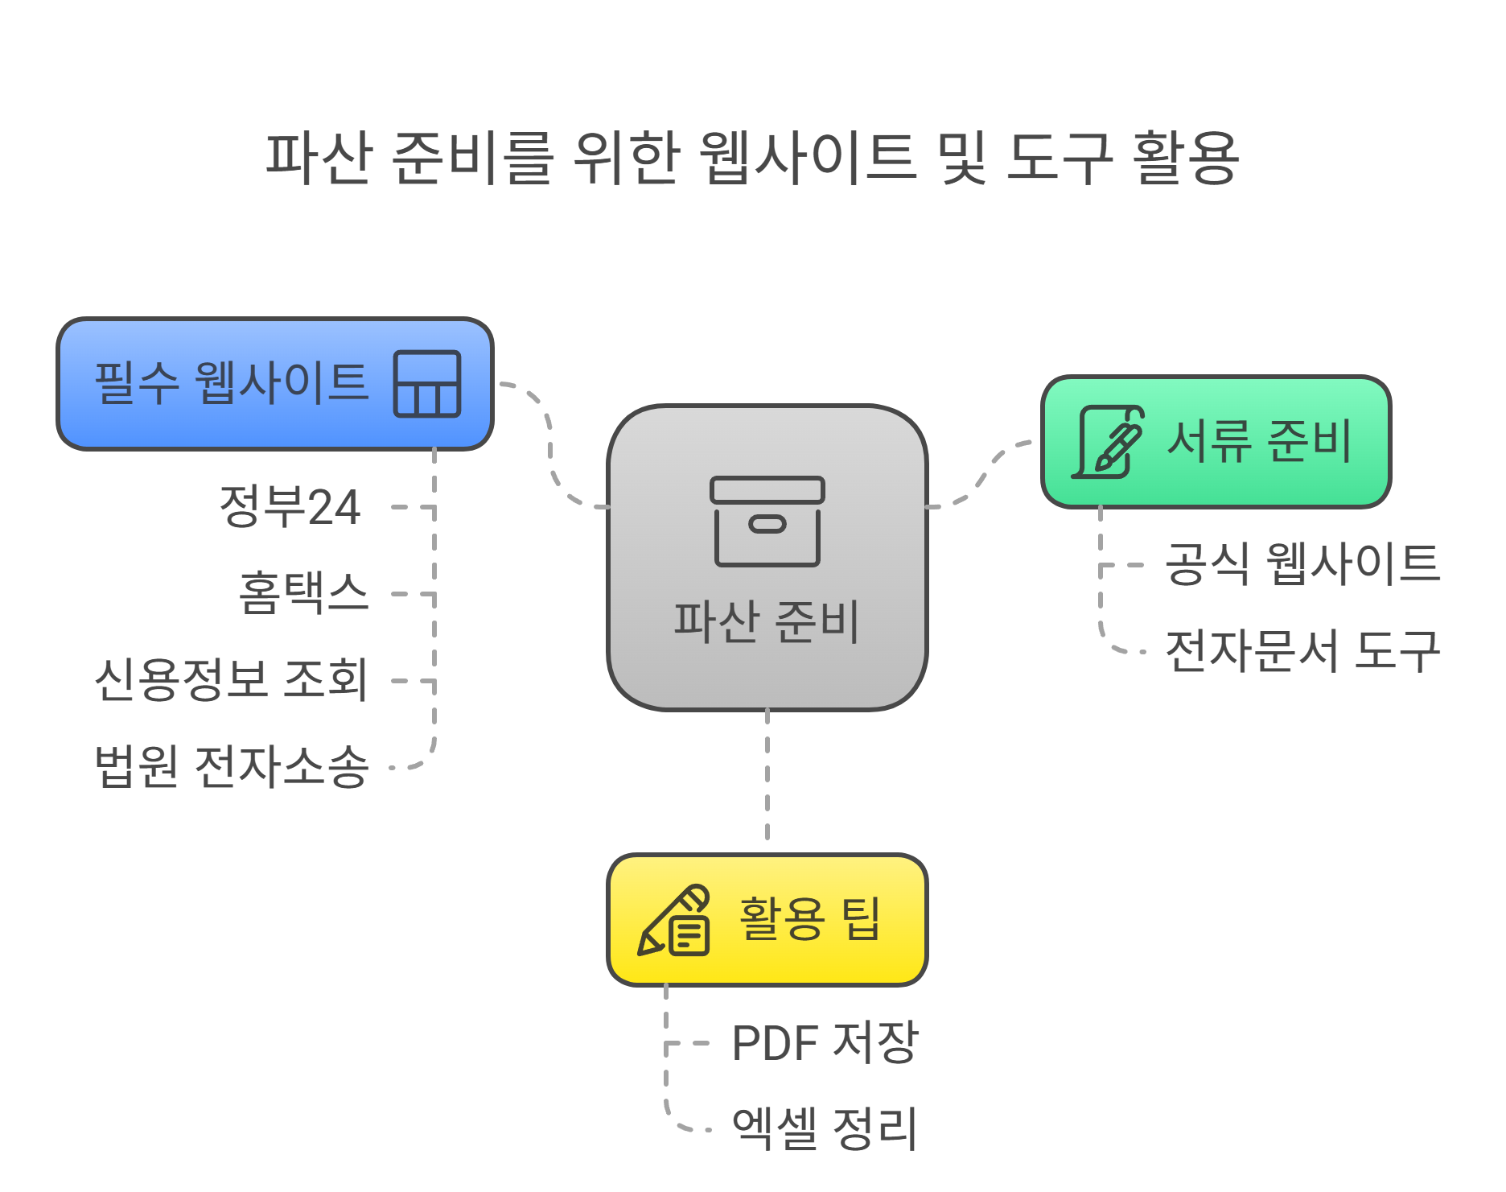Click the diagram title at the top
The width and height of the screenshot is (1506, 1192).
(752, 158)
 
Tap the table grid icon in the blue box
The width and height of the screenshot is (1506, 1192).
(427, 384)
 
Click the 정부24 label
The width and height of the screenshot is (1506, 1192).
(290, 507)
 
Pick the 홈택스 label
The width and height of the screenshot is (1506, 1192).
(303, 593)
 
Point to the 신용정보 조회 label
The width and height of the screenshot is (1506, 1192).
(232, 679)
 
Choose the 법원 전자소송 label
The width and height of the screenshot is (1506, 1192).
(232, 765)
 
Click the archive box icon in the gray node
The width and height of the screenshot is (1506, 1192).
(767, 521)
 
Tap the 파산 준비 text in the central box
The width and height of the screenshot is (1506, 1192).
(767, 622)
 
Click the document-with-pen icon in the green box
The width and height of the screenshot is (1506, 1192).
(1109, 442)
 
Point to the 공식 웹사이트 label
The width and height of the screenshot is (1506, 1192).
(1302, 563)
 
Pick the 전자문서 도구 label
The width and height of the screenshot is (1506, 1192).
(1302, 650)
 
